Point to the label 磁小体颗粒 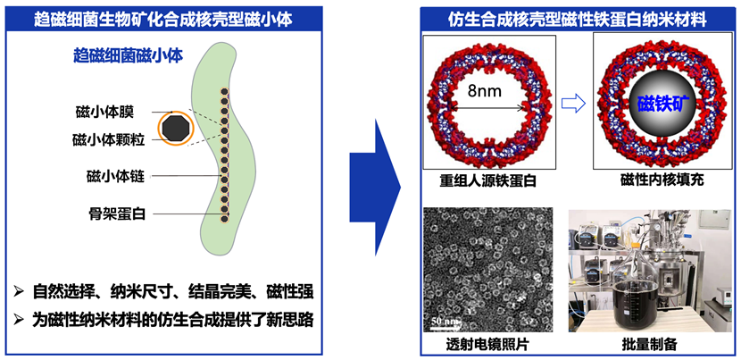[104, 140]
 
